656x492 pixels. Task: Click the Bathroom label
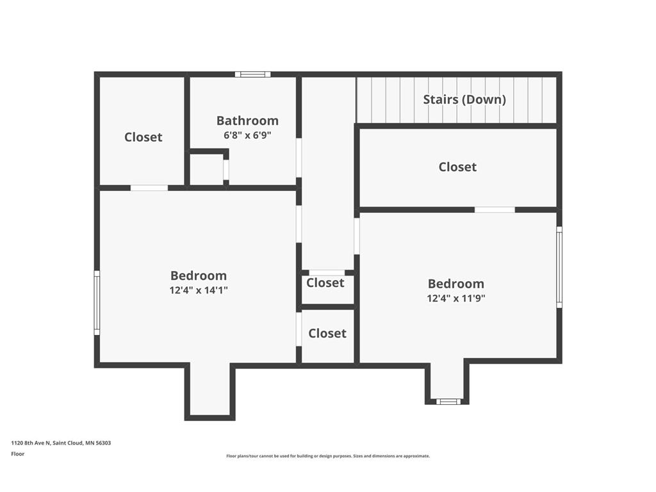pyautogui.click(x=247, y=120)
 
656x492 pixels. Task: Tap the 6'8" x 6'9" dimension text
pyautogui.click(x=247, y=135)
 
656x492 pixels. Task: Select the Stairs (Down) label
pyautogui.click(x=464, y=99)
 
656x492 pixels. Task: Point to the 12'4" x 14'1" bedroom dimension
pyautogui.click(x=199, y=290)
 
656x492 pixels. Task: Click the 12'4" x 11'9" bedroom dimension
pyautogui.click(x=456, y=299)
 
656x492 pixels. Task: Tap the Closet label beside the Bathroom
pyautogui.click(x=143, y=137)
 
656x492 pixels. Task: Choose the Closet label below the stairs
pyautogui.click(x=457, y=167)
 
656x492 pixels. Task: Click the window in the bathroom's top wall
pyautogui.click(x=252, y=74)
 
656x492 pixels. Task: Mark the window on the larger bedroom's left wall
pyautogui.click(x=97, y=302)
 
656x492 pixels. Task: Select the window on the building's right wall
pyautogui.click(x=559, y=267)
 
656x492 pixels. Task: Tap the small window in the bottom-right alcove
pyautogui.click(x=448, y=402)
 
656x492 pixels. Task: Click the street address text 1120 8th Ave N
pyautogui.click(x=31, y=443)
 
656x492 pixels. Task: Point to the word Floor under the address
pyautogui.click(x=17, y=454)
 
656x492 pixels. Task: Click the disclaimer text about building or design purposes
pyautogui.click(x=328, y=456)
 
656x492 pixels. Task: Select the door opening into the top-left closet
pyautogui.click(x=149, y=188)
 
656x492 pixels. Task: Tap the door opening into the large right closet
pyautogui.click(x=495, y=209)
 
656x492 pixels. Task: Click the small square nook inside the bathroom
pyautogui.click(x=206, y=169)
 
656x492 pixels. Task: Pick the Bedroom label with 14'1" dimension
pyautogui.click(x=199, y=275)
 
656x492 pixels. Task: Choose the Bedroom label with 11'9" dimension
pyautogui.click(x=456, y=284)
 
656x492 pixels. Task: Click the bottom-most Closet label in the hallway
pyautogui.click(x=327, y=333)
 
